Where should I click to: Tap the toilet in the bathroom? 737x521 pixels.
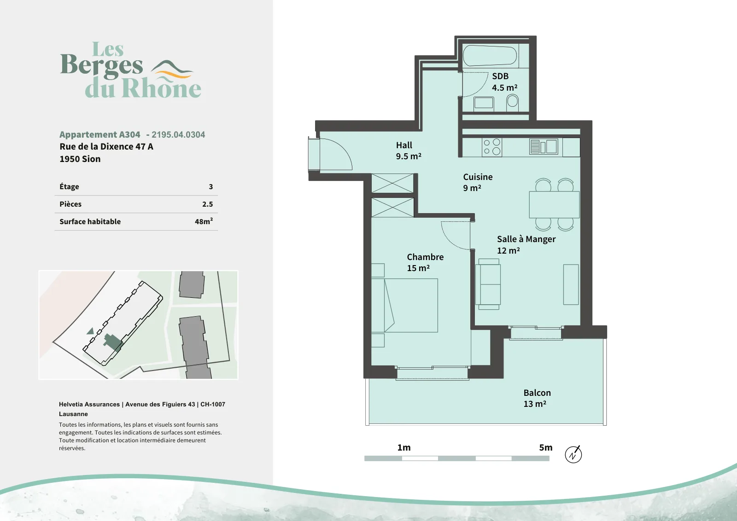pyautogui.click(x=512, y=102)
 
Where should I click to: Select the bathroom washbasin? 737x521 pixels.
pyautogui.click(x=484, y=104)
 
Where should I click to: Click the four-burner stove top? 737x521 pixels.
pyautogui.click(x=492, y=147)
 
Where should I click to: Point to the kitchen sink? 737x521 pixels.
pyautogui.click(x=544, y=147)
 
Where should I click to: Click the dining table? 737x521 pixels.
pyautogui.click(x=554, y=204)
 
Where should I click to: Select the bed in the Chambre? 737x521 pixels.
pyautogui.click(x=405, y=305)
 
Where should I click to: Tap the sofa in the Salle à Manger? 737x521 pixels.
pyautogui.click(x=488, y=284)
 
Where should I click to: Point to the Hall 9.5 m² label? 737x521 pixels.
pyautogui.click(x=409, y=151)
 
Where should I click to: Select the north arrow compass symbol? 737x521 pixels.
pyautogui.click(x=573, y=455)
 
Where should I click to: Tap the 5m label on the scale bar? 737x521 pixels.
pyautogui.click(x=545, y=447)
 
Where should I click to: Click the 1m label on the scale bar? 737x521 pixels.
pyautogui.click(x=404, y=447)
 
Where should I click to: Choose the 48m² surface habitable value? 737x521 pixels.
pyautogui.click(x=204, y=221)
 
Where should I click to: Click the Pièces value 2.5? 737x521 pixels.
pyautogui.click(x=208, y=204)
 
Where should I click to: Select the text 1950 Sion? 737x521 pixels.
pyautogui.click(x=80, y=159)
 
